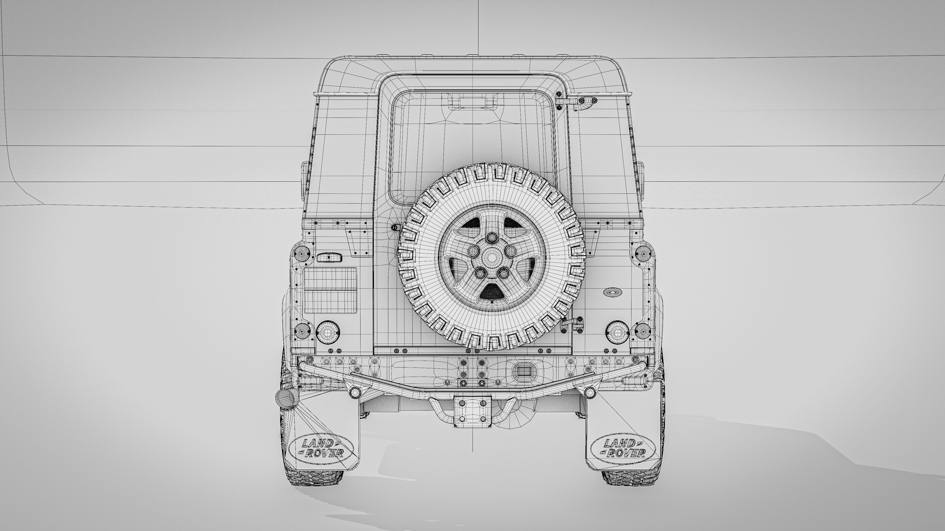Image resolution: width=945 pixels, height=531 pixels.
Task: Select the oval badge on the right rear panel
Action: (x=613, y=292)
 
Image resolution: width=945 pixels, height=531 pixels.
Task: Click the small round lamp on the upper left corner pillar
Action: (x=303, y=253)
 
